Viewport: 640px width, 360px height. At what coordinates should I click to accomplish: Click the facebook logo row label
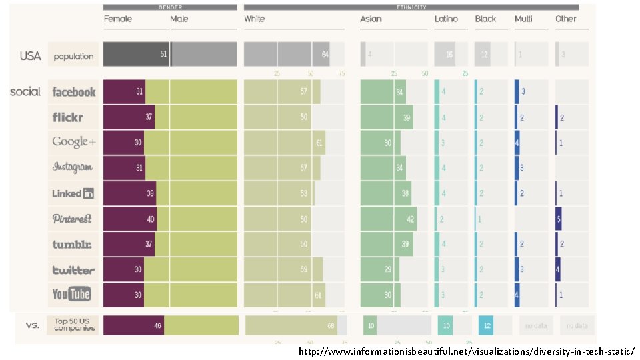pyautogui.click(x=73, y=92)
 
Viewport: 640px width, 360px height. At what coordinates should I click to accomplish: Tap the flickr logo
pyautogui.click(x=68, y=117)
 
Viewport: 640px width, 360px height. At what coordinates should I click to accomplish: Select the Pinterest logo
pyautogui.click(x=72, y=219)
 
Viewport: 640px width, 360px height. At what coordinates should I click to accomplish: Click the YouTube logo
pyautogui.click(x=71, y=294)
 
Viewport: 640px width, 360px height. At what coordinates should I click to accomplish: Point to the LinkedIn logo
pyautogui.click(x=73, y=193)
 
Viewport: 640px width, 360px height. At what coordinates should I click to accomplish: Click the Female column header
pyautogui.click(x=117, y=19)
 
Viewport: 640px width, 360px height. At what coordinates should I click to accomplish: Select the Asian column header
pyautogui.click(x=371, y=19)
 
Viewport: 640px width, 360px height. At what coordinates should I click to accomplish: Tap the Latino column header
pyautogui.click(x=446, y=19)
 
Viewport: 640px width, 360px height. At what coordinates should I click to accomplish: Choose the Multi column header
pyautogui.click(x=523, y=19)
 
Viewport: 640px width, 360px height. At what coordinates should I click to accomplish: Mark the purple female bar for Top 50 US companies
pyautogui.click(x=133, y=325)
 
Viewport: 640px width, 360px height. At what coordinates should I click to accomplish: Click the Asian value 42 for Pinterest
pyautogui.click(x=409, y=219)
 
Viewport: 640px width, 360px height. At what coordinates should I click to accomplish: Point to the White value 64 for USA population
pyautogui.click(x=325, y=54)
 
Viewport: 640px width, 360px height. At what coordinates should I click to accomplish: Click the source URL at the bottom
pyautogui.click(x=466, y=351)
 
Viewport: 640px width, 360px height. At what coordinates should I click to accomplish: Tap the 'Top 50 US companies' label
pyautogui.click(x=73, y=325)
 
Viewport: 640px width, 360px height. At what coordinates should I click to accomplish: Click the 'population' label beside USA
pyautogui.click(x=73, y=57)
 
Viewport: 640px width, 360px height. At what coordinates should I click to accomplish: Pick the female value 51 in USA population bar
pyautogui.click(x=163, y=54)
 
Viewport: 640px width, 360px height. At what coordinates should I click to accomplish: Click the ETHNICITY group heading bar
pyautogui.click(x=411, y=7)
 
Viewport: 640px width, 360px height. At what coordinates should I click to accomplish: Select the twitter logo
pyautogui.click(x=73, y=270)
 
